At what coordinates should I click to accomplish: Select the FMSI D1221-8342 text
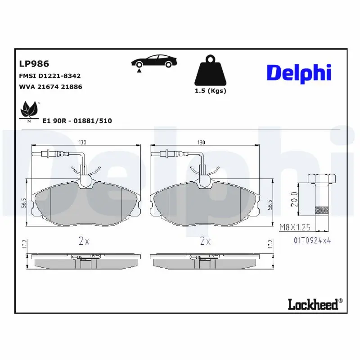coord(49,76)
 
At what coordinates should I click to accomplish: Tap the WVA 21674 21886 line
coord(50,87)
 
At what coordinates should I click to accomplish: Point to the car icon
coord(153,63)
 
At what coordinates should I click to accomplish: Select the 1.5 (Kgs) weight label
coord(210,91)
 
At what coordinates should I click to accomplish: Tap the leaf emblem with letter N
coord(29,111)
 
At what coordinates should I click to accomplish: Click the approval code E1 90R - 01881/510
coord(77,121)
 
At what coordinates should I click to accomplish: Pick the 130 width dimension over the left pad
coord(82,142)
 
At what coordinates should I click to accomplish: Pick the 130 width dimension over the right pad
coord(201,142)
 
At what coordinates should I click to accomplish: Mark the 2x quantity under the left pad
coord(84,241)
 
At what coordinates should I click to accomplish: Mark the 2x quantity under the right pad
coord(206,241)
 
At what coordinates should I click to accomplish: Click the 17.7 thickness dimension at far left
coord(24,244)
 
